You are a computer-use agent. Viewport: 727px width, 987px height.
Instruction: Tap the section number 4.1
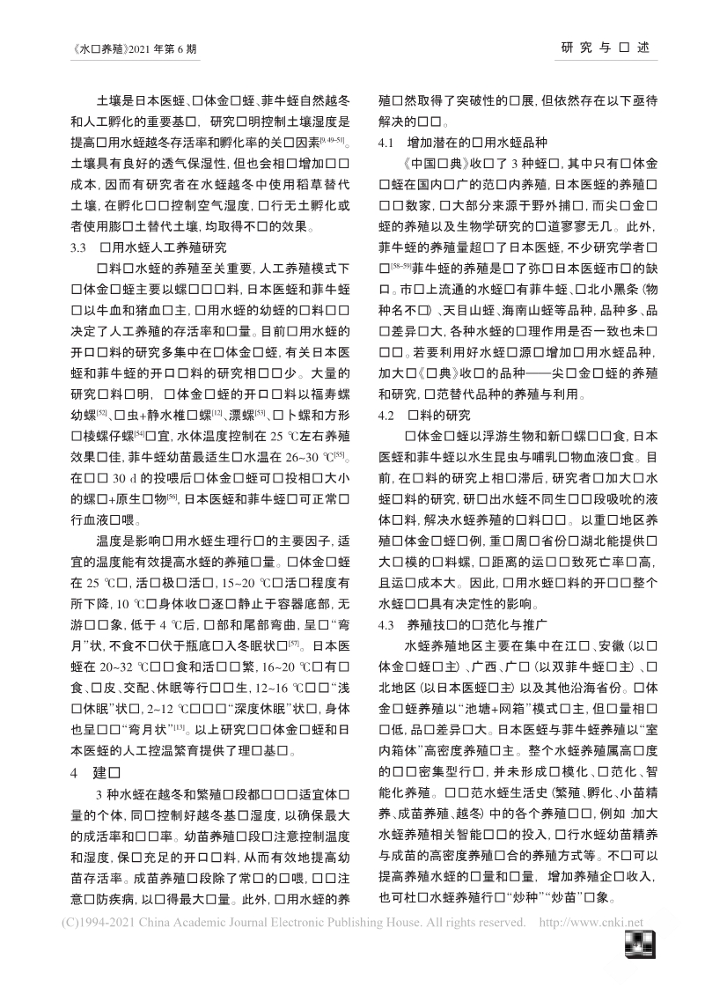[x=386, y=140]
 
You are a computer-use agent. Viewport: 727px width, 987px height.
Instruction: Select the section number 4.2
[x=386, y=413]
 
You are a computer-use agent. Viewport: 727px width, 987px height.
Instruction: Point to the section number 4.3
[x=386, y=626]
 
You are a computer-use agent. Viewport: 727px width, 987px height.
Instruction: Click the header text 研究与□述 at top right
[x=606, y=47]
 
